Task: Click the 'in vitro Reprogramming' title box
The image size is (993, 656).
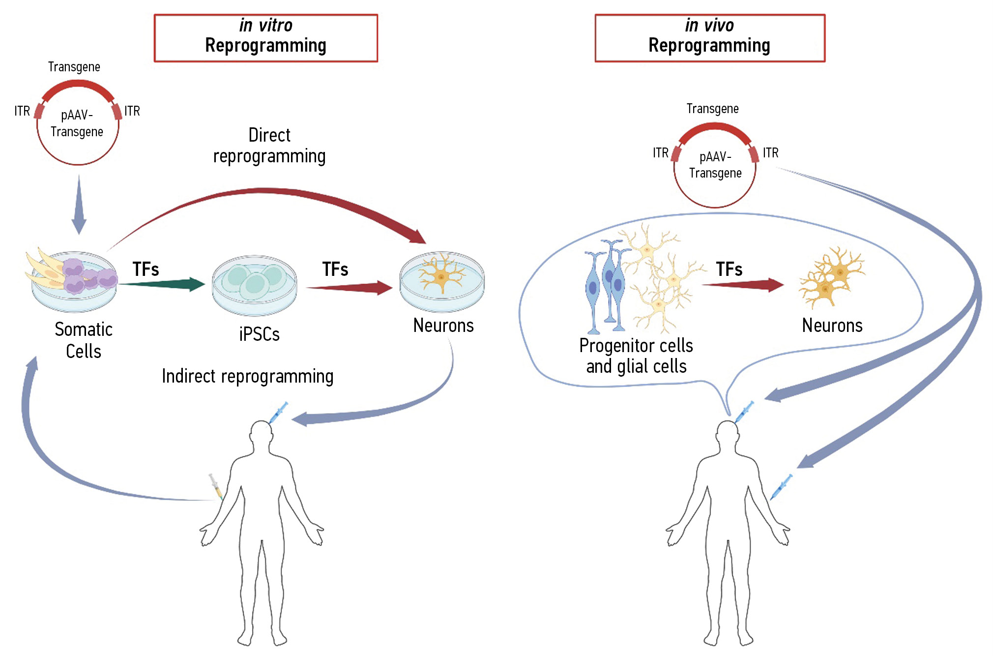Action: pyautogui.click(x=265, y=38)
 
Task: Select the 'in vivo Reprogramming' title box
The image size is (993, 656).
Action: pyautogui.click(x=709, y=38)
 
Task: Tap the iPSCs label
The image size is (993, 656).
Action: pyautogui.click(x=259, y=334)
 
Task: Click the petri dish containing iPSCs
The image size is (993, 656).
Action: pyautogui.click(x=254, y=285)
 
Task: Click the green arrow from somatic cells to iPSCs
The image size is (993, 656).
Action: pyautogui.click(x=162, y=284)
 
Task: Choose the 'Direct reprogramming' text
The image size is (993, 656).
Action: pyautogui.click(x=269, y=146)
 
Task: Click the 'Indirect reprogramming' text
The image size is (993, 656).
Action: pyautogui.click(x=248, y=376)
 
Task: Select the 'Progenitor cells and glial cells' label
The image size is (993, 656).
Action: pyautogui.click(x=636, y=356)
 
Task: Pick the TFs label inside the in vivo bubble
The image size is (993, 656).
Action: pyautogui.click(x=729, y=269)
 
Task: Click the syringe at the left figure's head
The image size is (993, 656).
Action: pyautogui.click(x=278, y=412)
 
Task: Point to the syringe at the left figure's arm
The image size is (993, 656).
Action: pyautogui.click(x=215, y=486)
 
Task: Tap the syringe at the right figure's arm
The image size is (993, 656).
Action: pyautogui.click(x=781, y=486)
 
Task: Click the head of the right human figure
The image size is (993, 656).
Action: pyautogui.click(x=727, y=435)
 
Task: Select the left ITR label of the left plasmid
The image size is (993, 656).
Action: pyautogui.click(x=22, y=111)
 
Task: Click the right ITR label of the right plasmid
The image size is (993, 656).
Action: pyautogui.click(x=771, y=153)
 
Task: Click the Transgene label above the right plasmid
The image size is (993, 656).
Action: pyautogui.click(x=712, y=109)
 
